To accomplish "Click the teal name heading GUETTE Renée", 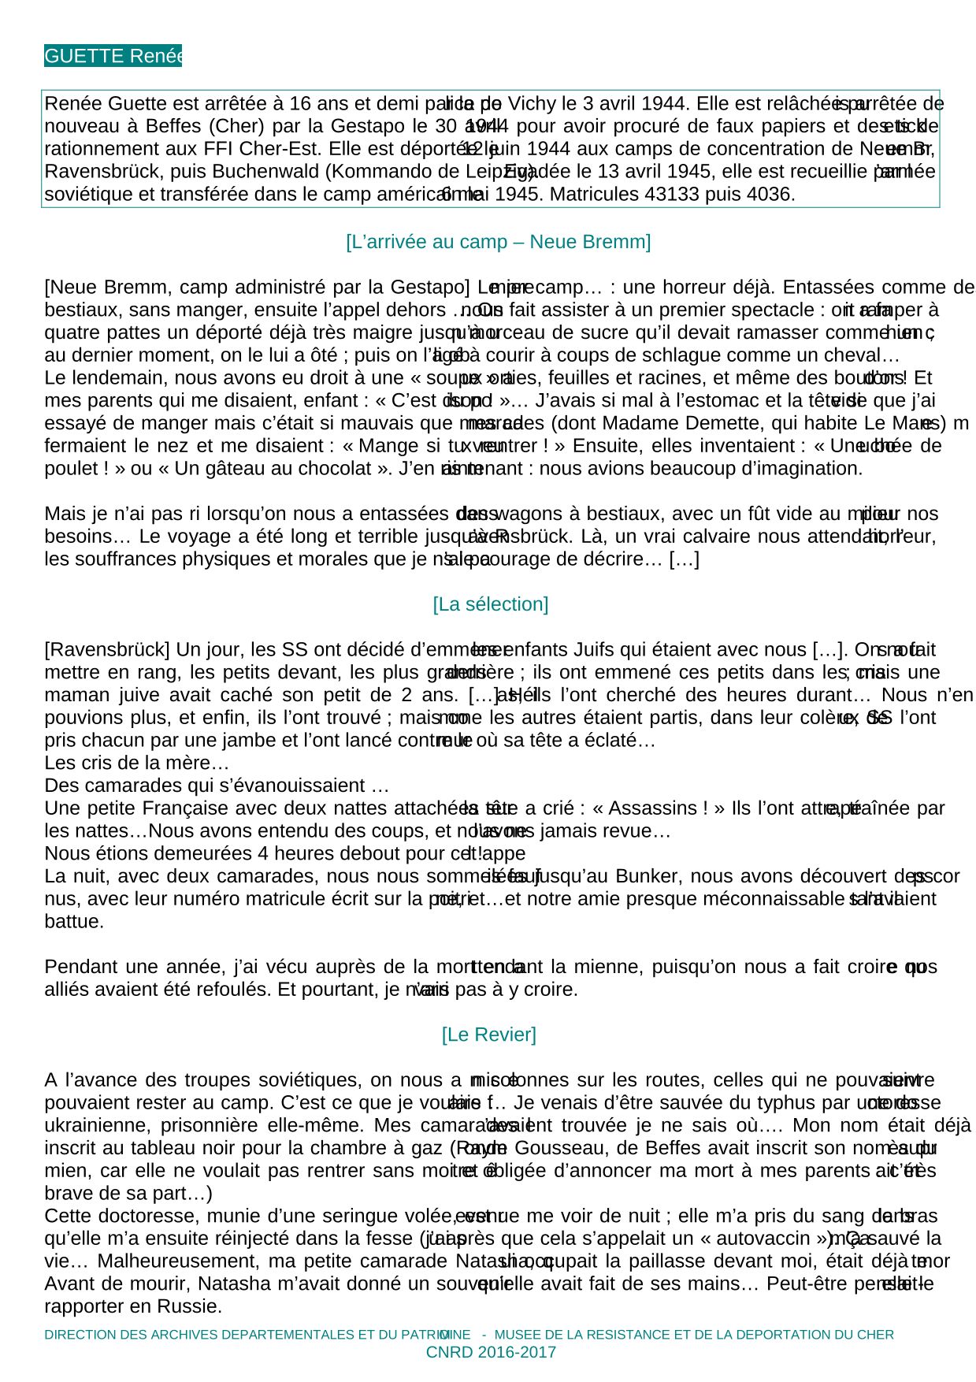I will (113, 56).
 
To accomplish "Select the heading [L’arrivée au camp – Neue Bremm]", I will (498, 242).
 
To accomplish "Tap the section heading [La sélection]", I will (490, 604).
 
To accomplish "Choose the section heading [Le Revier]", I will (488, 1035).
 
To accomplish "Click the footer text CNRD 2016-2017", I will (490, 1353).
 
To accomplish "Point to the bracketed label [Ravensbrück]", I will (106, 650).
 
